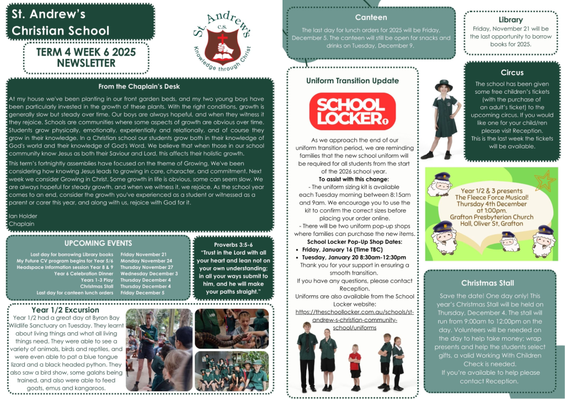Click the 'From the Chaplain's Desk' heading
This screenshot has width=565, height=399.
coord(139,87)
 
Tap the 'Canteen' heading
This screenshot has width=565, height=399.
coord(371,18)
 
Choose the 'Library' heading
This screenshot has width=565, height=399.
coord(510,20)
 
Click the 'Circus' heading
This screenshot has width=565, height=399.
coord(511,72)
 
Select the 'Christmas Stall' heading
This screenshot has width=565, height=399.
coord(487,283)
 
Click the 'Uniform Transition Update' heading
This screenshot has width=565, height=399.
coord(352,81)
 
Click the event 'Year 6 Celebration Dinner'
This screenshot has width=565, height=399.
coord(84,273)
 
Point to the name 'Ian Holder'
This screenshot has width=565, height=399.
coord(23,215)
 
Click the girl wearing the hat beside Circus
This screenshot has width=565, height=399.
coord(443,116)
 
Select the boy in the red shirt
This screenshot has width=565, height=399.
coord(355,362)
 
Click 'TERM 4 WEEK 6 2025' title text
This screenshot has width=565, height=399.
coord(86,52)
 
